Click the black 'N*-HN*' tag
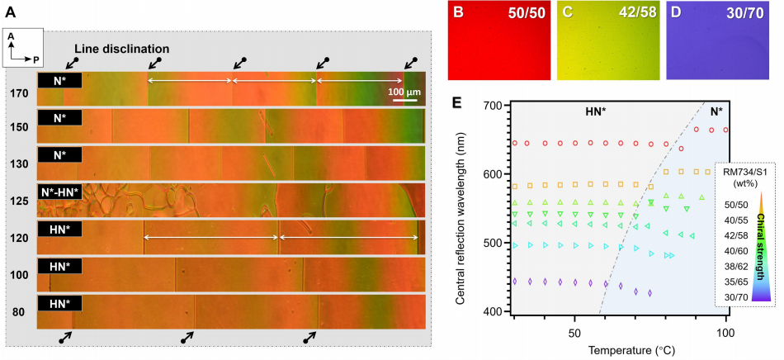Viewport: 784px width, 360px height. (x=59, y=192)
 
